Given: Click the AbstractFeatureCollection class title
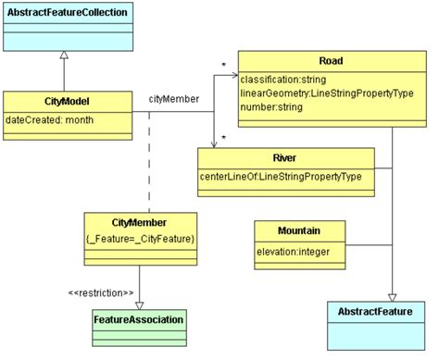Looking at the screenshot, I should tap(65, 12).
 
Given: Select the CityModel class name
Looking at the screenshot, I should tap(65, 101).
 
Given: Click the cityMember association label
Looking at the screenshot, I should tap(172, 98).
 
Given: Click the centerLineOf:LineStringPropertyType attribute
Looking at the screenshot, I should tap(281, 175).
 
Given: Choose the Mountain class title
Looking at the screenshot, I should tap(299, 230).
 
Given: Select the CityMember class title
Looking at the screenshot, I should tap(140, 222).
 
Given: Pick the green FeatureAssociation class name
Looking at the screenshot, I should tap(139, 319).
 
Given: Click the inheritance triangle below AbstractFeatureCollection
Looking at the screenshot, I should tap(64, 56).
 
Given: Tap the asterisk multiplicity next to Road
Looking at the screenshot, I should tap(223, 65).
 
